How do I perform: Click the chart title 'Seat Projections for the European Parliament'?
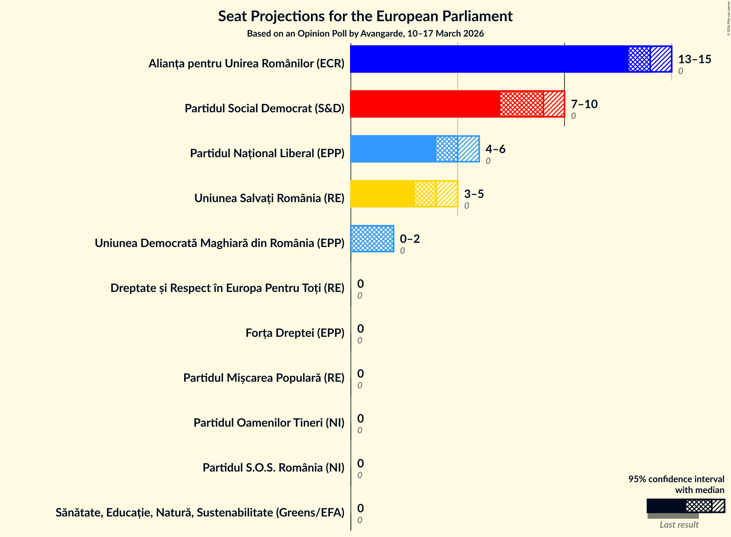365,16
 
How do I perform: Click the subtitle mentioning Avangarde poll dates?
365,33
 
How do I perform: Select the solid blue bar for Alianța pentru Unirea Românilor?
488,59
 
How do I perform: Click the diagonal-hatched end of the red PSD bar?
554,104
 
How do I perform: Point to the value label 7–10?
584,104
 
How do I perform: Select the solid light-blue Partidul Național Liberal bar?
392,149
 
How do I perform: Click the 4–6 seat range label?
495,149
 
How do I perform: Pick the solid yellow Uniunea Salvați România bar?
382,193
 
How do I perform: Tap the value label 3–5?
473,194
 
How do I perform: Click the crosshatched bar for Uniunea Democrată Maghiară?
372,238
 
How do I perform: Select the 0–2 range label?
409,239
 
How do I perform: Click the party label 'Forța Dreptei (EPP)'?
295,333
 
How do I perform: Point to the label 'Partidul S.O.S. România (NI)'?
273,467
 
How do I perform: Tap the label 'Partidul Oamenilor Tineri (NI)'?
269,422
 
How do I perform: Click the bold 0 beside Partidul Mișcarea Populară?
360,373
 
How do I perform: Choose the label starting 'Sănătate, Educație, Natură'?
200,512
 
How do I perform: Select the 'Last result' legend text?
679,524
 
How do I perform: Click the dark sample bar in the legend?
666,506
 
